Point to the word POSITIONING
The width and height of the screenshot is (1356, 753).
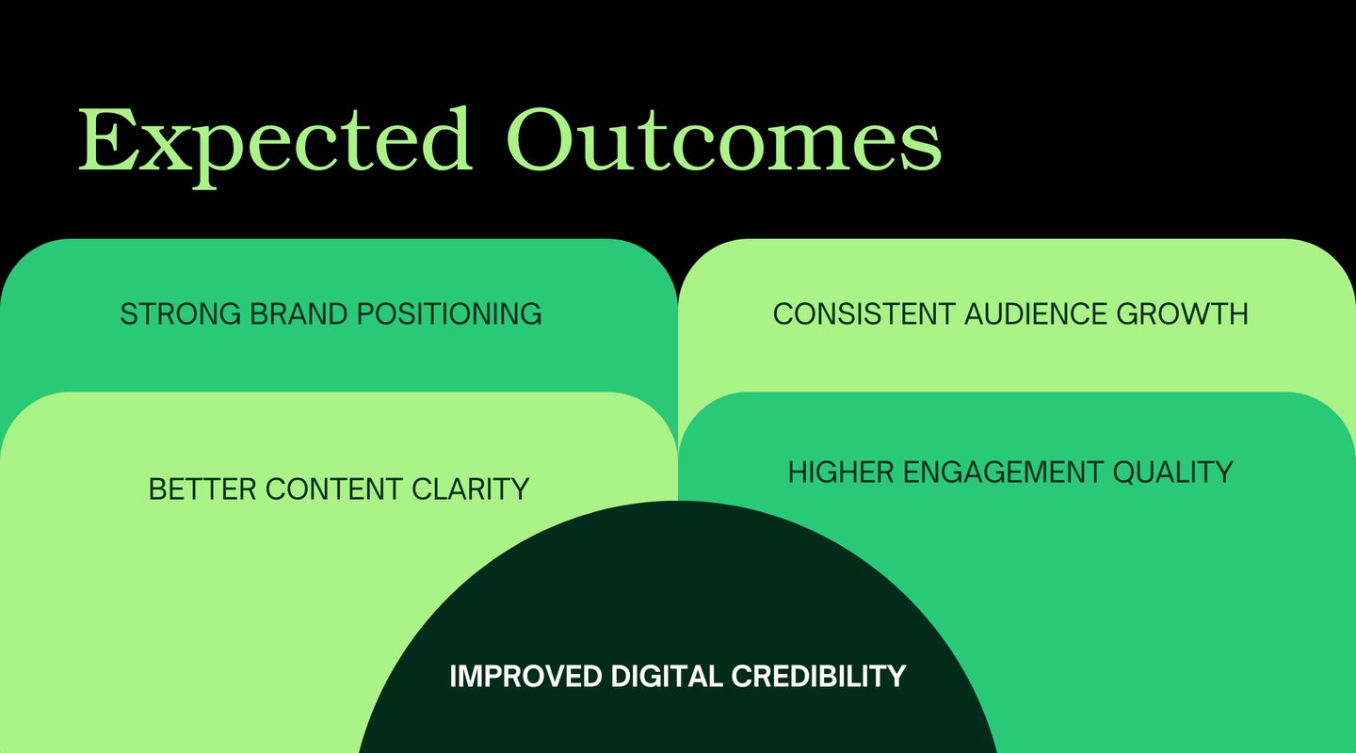pyautogui.click(x=449, y=314)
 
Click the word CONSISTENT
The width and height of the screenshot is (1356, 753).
pyautogui.click(x=864, y=314)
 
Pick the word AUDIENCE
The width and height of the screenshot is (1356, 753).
pyautogui.click(x=1036, y=314)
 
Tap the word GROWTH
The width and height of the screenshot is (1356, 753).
pyautogui.click(x=1183, y=314)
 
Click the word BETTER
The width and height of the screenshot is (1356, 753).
pyautogui.click(x=202, y=489)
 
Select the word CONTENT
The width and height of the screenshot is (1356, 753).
pyautogui.click(x=334, y=489)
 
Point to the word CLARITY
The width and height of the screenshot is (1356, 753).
pyautogui.click(x=471, y=489)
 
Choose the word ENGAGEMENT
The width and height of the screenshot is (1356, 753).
pyautogui.click(x=1003, y=473)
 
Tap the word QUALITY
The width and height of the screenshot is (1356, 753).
pyautogui.click(x=1172, y=473)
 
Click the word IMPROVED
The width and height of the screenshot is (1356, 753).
pyautogui.click(x=525, y=676)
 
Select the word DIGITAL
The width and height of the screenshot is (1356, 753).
pyautogui.click(x=667, y=676)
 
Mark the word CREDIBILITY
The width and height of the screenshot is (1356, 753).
pyautogui.click(x=819, y=676)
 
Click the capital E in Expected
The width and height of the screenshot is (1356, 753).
pyautogui.click(x=106, y=139)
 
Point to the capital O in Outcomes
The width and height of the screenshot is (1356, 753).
pyautogui.click(x=540, y=139)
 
